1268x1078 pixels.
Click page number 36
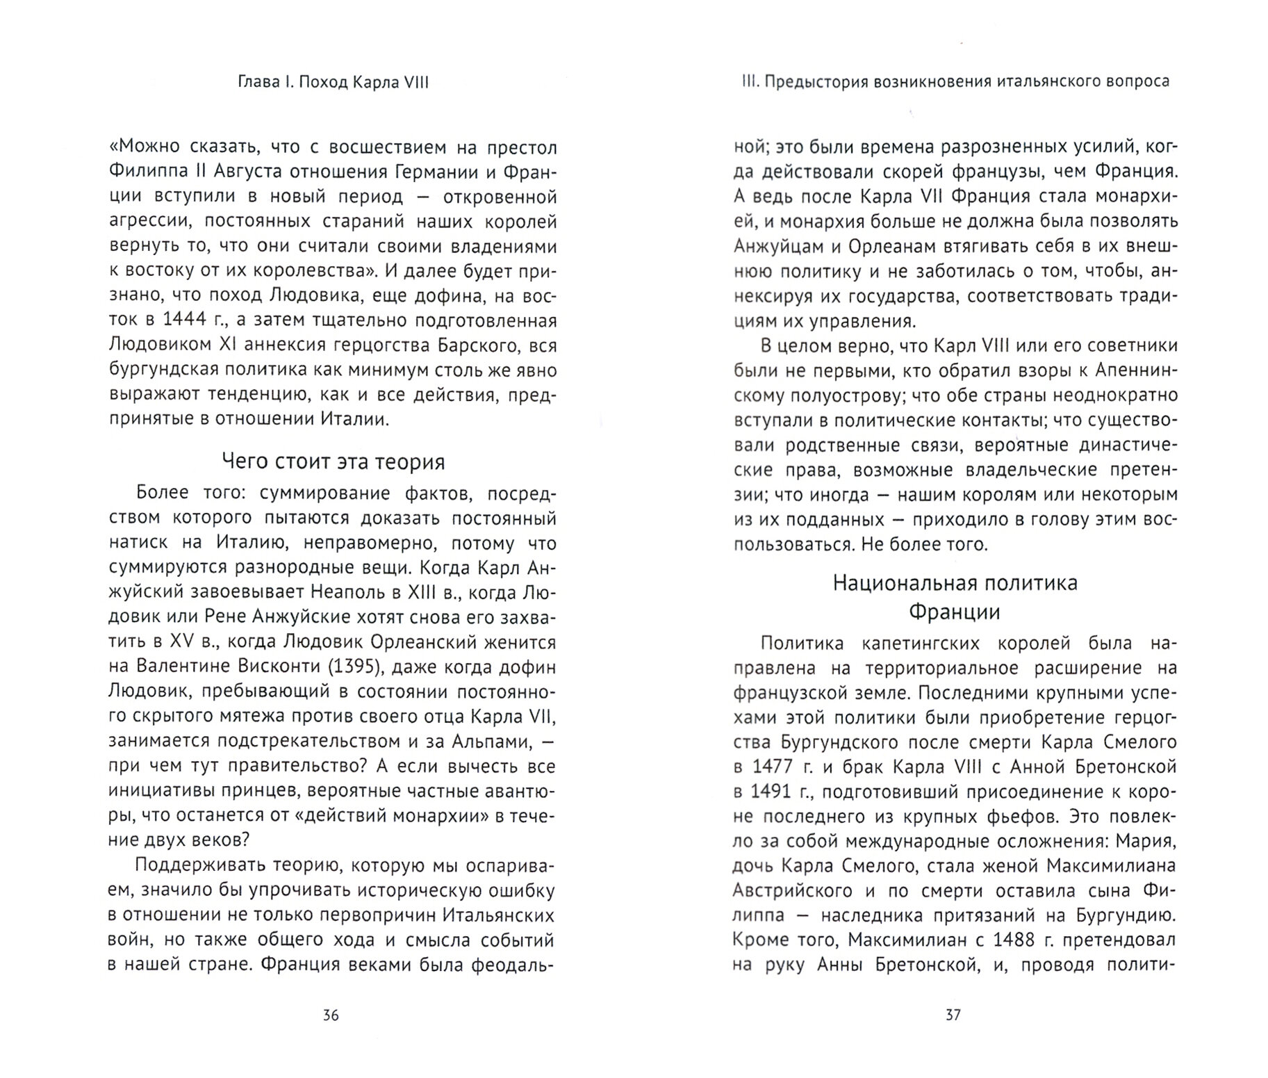[331, 1015]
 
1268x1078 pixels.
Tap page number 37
[953, 1015]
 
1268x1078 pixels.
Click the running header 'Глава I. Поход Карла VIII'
[333, 82]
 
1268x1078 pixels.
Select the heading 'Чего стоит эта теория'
[333, 462]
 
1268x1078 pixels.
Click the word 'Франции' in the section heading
[955, 612]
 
